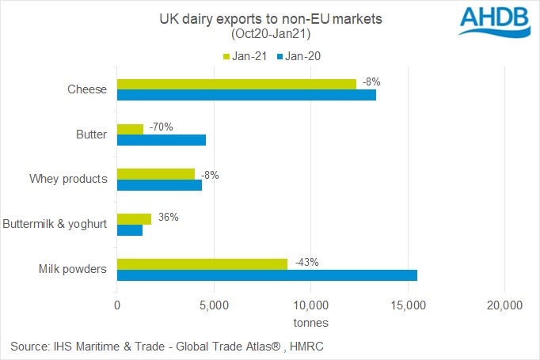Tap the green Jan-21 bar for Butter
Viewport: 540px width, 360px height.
[130, 129]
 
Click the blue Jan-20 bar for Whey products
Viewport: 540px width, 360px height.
[159, 185]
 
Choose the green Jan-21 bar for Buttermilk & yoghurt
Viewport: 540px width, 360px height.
[134, 219]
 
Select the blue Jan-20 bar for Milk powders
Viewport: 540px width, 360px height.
[267, 275]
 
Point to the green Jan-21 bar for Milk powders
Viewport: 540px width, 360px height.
[202, 263]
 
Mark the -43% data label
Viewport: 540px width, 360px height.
[306, 261]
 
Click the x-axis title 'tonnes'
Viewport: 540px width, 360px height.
[310, 323]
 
